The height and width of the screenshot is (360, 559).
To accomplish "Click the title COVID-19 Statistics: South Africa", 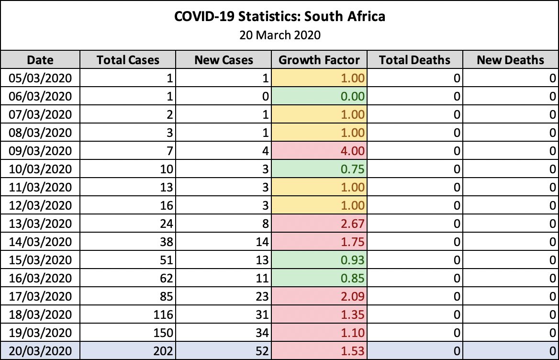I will [x=279, y=17].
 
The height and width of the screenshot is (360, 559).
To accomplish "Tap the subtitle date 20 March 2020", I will [x=279, y=34].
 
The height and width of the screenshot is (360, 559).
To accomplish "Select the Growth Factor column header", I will [x=319, y=60].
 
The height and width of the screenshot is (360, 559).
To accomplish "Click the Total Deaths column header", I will [x=414, y=60].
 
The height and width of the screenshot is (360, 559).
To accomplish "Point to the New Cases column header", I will [x=224, y=60].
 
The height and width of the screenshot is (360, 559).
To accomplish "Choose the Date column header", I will [x=40, y=60].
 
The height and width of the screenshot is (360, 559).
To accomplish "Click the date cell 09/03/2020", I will [x=40, y=151].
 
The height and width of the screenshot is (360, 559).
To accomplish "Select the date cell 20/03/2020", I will [x=40, y=351].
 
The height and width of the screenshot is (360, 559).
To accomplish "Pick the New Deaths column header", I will [x=510, y=60].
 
